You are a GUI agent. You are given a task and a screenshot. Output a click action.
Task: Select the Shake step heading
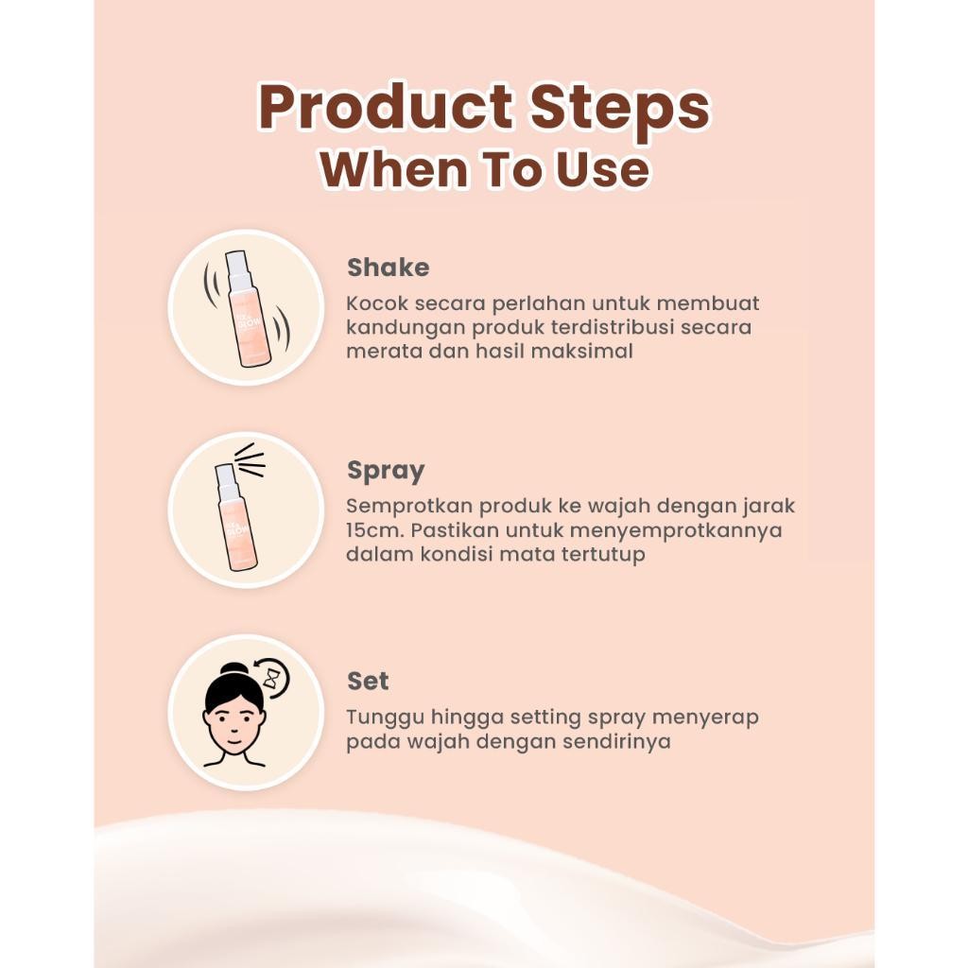pos(388,268)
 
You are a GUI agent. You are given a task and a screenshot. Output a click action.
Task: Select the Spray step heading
pos(386,471)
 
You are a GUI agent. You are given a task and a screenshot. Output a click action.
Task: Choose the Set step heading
pos(368,681)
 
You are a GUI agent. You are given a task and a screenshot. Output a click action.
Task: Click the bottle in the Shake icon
pos(245,309)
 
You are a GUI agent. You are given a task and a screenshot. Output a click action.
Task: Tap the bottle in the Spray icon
pos(234,517)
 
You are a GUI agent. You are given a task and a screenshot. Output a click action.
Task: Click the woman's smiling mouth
pos(234,739)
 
